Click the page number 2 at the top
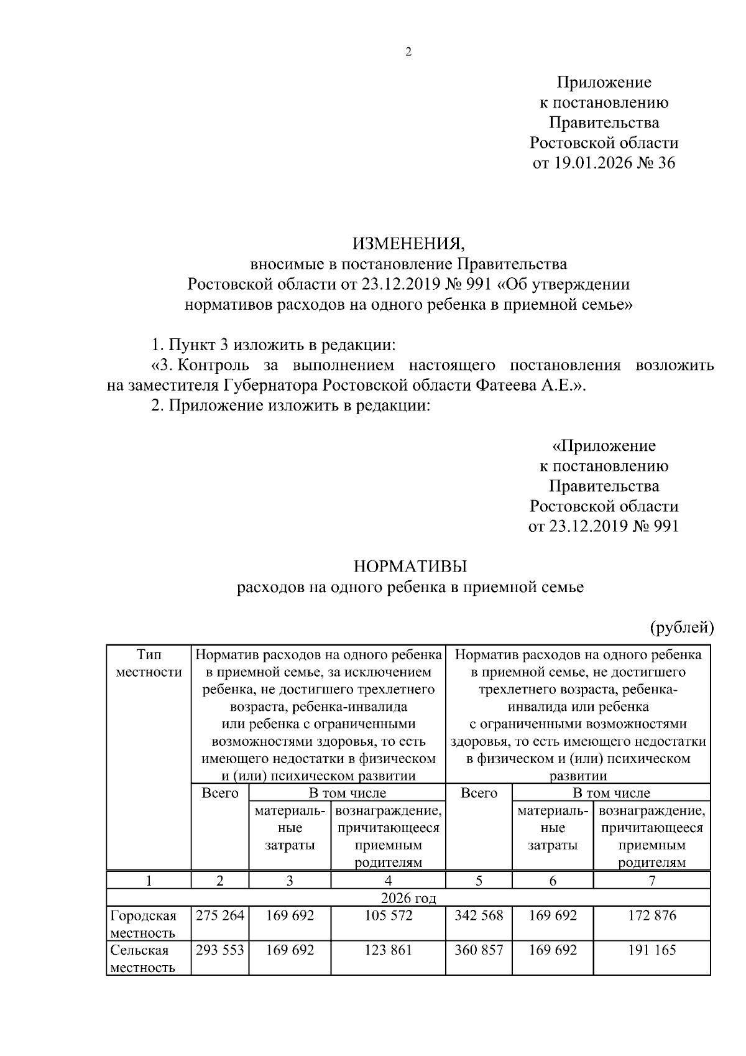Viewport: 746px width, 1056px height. (408, 52)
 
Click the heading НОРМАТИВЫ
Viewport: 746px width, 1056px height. (410, 567)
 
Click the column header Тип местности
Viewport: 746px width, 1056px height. (149, 663)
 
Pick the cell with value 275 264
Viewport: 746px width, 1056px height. (219, 915)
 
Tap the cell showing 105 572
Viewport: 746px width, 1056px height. (388, 915)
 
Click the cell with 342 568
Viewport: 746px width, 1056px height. (479, 915)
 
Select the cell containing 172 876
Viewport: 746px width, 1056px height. (652, 915)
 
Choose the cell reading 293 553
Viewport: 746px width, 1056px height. (219, 950)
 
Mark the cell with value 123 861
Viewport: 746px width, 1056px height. (388, 950)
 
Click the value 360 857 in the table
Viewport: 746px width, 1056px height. (479, 950)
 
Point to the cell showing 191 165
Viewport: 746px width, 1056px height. (652, 950)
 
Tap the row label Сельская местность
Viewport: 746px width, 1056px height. (142, 958)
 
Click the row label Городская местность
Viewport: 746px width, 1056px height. (144, 924)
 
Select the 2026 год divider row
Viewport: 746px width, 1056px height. (408, 898)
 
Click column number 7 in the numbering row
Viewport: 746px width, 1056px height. (652, 881)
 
